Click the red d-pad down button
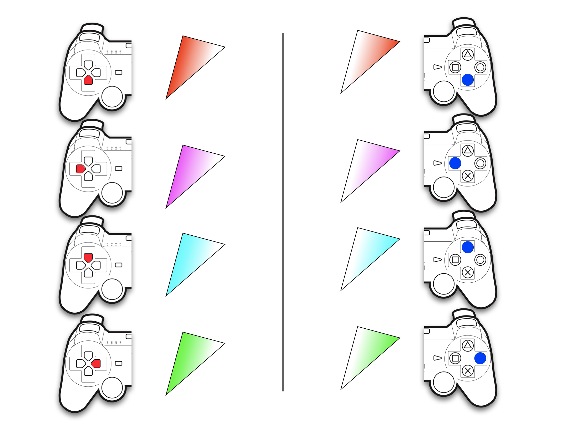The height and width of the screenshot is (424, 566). coord(88,80)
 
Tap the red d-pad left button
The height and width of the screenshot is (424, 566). coord(80,169)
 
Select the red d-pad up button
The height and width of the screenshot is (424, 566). coord(88,257)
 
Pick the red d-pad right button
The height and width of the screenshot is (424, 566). coord(96,364)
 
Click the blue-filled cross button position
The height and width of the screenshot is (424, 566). coord(468,80)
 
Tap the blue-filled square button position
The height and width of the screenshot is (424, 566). coord(455,163)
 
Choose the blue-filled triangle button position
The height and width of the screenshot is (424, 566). coord(468,247)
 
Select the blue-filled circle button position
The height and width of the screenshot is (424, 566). coord(480,358)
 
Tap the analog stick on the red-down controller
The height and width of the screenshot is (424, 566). coord(112,97)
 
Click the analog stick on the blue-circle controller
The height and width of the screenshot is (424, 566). coord(443,382)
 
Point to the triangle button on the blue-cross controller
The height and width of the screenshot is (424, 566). coord(468,55)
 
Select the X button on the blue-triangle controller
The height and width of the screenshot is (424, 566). coord(468,272)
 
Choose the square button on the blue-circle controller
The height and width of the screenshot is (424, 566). coord(455,358)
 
